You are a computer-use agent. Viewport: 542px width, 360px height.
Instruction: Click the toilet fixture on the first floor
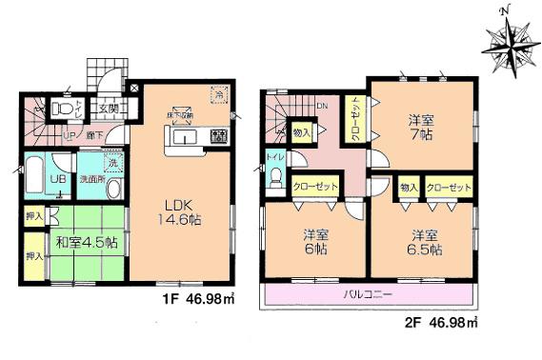pos(64,110)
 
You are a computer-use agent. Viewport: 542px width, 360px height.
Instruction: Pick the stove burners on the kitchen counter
pos(217,134)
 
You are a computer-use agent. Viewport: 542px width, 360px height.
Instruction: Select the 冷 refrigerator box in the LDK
pos(219,96)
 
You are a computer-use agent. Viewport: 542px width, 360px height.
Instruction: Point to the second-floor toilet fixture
pos(276,179)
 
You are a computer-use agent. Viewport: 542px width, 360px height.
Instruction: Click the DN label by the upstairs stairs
pos(322,106)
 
